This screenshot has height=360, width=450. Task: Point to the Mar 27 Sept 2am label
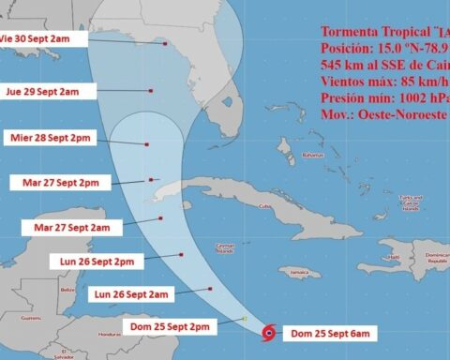coord(71,227)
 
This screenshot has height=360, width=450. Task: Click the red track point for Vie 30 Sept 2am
coord(165,43)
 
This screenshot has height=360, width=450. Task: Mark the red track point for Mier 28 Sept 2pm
coord(147,143)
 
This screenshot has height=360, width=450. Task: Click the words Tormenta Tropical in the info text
coord(357,30)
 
